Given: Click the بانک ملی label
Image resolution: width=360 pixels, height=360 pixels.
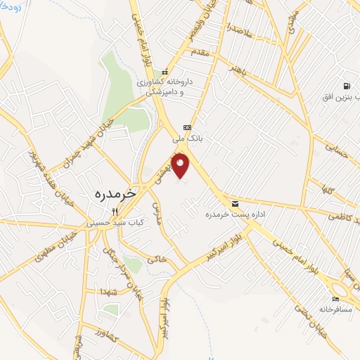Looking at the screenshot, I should point(187,139).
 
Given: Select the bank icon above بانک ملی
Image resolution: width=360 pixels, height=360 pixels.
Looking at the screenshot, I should point(186,127).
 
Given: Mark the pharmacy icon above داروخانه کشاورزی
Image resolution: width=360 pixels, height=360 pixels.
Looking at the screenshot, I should point(164,72).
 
